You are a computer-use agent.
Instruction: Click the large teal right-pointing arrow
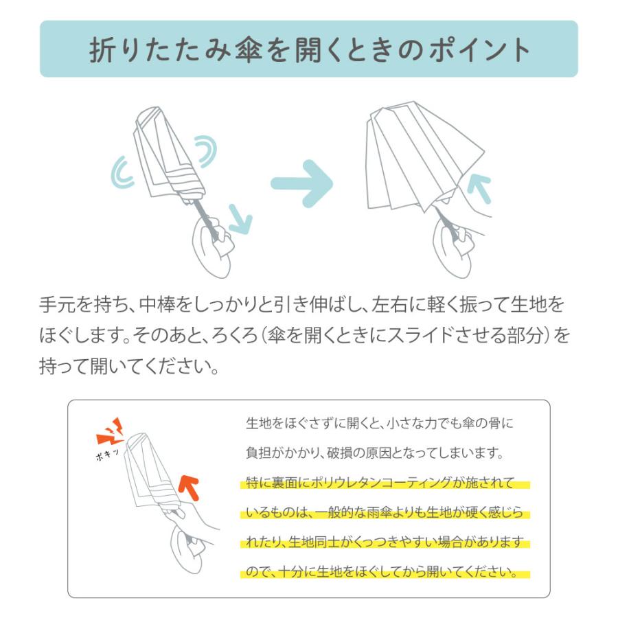point(302,183)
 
